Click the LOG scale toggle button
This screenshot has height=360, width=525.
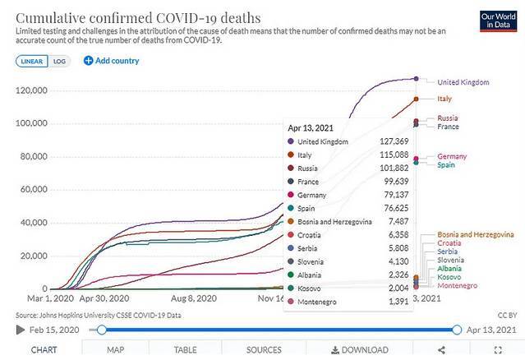click(x=60, y=61)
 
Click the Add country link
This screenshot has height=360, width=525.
click(x=112, y=61)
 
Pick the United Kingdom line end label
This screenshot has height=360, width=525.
click(x=463, y=82)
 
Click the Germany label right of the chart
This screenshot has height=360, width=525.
click(x=452, y=156)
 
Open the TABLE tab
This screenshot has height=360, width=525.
click(x=185, y=350)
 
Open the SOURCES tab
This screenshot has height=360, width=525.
click(x=264, y=350)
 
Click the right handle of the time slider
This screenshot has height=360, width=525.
click(x=458, y=330)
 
